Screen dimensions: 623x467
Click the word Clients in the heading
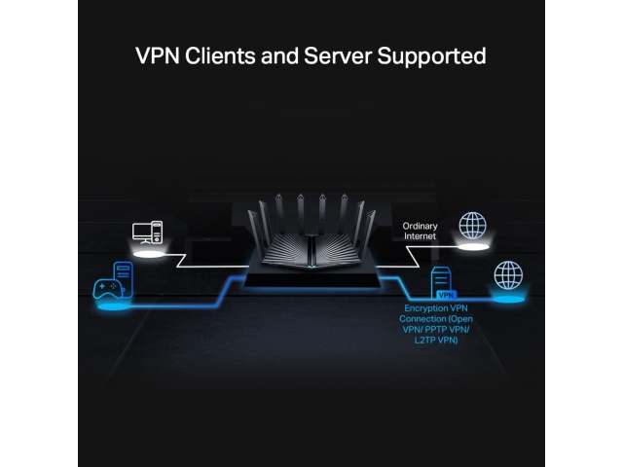[220, 55]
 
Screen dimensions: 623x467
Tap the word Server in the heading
[338, 55]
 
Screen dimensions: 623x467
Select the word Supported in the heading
[431, 56]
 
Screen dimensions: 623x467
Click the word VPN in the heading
[158, 55]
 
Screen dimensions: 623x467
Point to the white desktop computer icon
[147, 233]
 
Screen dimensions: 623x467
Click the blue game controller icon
[108, 288]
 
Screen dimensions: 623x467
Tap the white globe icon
[472, 225]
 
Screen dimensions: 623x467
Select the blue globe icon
[508, 274]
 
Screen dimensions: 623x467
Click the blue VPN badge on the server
[446, 295]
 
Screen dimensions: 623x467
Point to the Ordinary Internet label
[420, 231]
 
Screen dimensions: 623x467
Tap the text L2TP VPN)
[436, 340]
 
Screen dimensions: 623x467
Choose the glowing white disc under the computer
[149, 254]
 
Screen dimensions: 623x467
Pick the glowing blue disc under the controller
[114, 306]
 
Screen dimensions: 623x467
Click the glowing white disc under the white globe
[473, 247]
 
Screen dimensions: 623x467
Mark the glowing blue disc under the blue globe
[508, 299]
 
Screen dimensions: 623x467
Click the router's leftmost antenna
[254, 231]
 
